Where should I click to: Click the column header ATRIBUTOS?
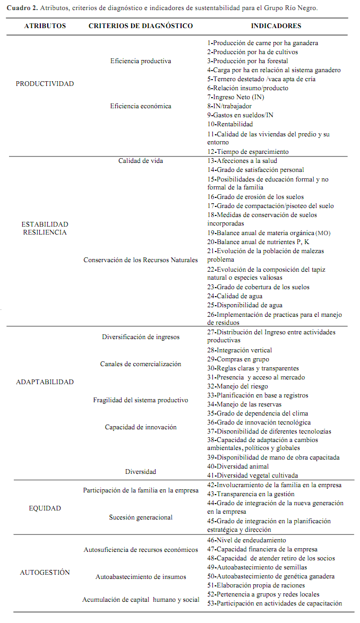45,26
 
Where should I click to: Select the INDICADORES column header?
276,26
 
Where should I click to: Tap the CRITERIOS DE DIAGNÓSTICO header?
141,26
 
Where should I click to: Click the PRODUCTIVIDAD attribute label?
45,84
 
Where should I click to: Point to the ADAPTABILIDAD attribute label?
45,382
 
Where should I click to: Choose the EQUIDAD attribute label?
45,508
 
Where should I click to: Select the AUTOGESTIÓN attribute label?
45,573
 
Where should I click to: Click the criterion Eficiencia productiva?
141,61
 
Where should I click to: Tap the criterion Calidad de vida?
141,161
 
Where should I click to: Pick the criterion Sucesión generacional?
141,517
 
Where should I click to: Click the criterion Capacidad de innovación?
141,427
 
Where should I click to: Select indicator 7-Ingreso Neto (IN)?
236,97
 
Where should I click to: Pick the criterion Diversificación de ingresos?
141,337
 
